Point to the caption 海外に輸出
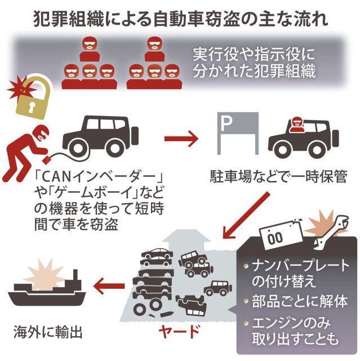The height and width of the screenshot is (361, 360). [x=48, y=333]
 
